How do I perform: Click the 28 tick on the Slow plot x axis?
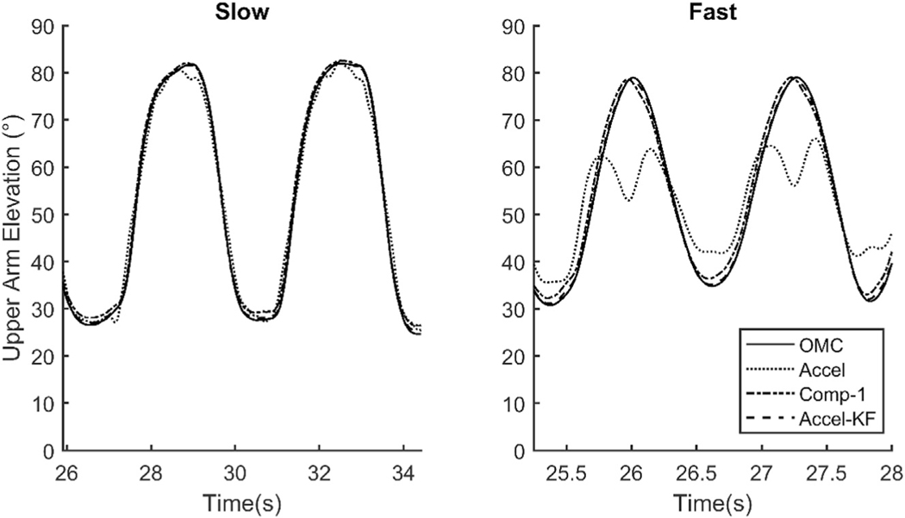pyautogui.click(x=151, y=472)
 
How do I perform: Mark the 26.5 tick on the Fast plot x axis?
pyautogui.click(x=696, y=472)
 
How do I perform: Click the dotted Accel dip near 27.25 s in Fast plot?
pyautogui.click(x=794, y=185)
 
